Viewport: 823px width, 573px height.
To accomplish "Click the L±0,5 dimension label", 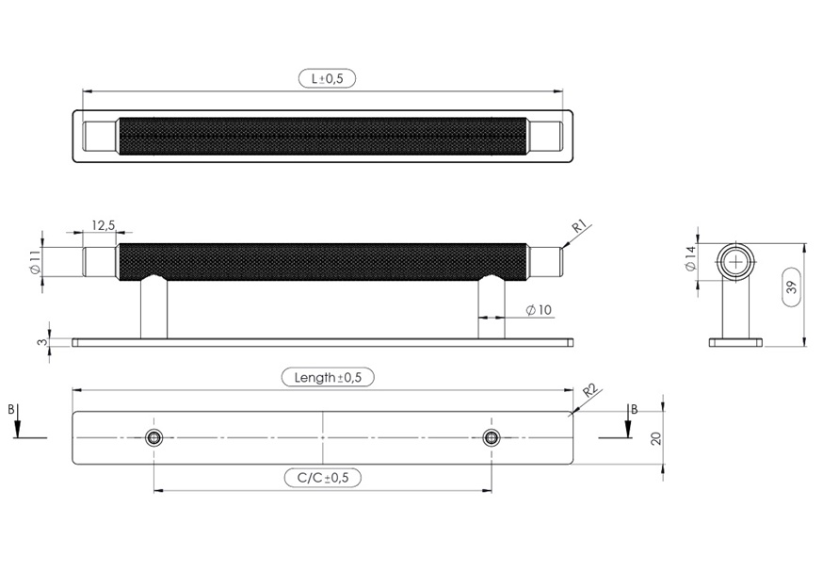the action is point(327,79).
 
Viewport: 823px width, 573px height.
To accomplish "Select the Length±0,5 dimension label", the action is point(328,378).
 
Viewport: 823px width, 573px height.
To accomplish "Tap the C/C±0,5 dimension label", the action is point(323,478).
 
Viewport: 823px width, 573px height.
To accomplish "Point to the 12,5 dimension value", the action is point(104,225).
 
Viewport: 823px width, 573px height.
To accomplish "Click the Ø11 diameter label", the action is point(35,262).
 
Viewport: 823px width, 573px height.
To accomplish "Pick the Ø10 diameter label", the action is point(539,310).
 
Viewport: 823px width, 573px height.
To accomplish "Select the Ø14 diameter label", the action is point(690,258).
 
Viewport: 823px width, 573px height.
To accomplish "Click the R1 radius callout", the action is point(578,226).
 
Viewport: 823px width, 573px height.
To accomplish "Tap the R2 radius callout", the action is point(590,390).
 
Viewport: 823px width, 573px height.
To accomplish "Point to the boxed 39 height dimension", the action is point(792,286).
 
